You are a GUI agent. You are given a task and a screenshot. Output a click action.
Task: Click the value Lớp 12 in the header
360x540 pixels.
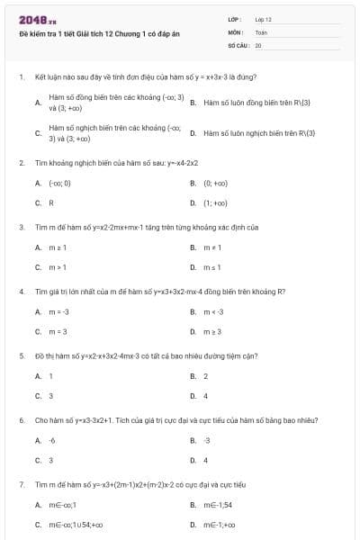(x=263, y=19)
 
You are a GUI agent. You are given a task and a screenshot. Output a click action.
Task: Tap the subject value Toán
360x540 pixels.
(x=261, y=31)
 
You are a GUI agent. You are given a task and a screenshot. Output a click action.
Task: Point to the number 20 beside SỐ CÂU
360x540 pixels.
(x=258, y=44)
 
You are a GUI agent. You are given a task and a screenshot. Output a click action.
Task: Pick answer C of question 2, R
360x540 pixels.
(x=51, y=202)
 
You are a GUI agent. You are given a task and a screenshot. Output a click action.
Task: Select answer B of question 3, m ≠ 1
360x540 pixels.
(x=211, y=247)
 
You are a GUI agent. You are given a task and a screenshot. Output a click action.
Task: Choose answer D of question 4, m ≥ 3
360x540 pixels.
(x=212, y=332)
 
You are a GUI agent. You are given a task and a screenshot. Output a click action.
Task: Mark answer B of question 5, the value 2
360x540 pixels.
(x=205, y=376)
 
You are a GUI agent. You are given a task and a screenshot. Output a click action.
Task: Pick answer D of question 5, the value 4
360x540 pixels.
(x=205, y=396)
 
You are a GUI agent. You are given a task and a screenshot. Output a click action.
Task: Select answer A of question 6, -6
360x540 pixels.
(x=52, y=441)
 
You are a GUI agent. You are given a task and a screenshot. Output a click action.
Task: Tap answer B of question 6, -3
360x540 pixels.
(x=207, y=441)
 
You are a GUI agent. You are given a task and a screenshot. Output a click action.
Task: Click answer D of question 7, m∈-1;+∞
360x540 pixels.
(x=218, y=525)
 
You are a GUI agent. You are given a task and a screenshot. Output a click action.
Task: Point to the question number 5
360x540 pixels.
(x=21, y=355)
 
